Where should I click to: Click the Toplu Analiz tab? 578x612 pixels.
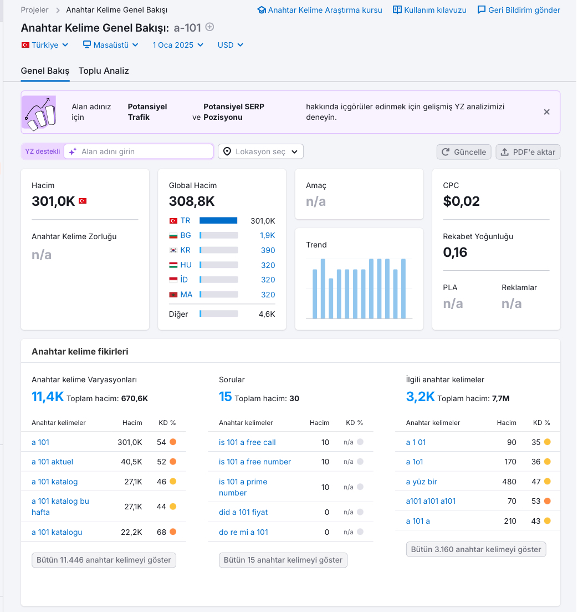pyautogui.click(x=104, y=70)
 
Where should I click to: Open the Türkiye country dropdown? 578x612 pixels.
pyautogui.click(x=45, y=45)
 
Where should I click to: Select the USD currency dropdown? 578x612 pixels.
pyautogui.click(x=231, y=45)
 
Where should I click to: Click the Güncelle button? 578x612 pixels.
pyautogui.click(x=464, y=152)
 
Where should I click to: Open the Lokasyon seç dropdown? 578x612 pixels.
pyautogui.click(x=260, y=151)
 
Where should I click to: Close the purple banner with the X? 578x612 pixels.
pyautogui.click(x=547, y=112)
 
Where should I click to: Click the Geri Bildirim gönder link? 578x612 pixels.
pyautogui.click(x=519, y=10)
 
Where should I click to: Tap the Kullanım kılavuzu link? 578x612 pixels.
pyautogui.click(x=429, y=10)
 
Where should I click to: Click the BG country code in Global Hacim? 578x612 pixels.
pyautogui.click(x=186, y=235)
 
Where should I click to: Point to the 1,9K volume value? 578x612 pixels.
pyautogui.click(x=267, y=235)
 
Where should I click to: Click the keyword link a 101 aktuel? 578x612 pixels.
pyautogui.click(x=52, y=462)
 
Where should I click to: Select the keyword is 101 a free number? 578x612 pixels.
pyautogui.click(x=255, y=462)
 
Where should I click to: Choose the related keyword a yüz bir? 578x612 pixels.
pyautogui.click(x=421, y=482)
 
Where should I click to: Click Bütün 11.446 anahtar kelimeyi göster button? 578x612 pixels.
pyautogui.click(x=104, y=560)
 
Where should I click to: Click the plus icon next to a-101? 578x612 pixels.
pyautogui.click(x=209, y=27)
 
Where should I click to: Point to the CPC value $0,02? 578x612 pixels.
pyautogui.click(x=461, y=201)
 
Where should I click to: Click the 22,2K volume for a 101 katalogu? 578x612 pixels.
pyautogui.click(x=131, y=532)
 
